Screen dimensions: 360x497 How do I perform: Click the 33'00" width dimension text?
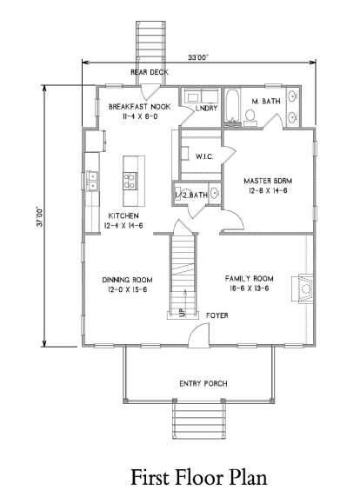[198, 57]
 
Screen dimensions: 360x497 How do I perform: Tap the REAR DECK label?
[150, 72]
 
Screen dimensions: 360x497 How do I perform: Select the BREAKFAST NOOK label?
[139, 107]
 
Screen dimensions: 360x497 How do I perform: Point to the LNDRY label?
[206, 108]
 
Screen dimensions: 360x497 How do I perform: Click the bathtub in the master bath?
[232, 107]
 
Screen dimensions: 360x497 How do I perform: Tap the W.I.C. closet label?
[204, 156]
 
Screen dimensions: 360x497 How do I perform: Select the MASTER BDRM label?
[268, 181]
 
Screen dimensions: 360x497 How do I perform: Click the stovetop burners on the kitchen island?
[130, 181]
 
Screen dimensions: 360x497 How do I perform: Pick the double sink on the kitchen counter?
[92, 181]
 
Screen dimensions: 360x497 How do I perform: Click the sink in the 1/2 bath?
[215, 194]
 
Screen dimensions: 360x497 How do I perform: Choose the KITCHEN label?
[123, 215]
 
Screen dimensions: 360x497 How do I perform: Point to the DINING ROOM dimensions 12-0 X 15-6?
[127, 289]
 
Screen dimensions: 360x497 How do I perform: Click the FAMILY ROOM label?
[250, 279]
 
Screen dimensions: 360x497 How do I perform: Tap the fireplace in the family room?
[303, 288]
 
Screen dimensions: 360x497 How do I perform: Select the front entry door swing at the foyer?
[199, 335]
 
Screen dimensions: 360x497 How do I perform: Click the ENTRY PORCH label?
[203, 384]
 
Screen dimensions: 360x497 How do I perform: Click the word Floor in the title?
[200, 477]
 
